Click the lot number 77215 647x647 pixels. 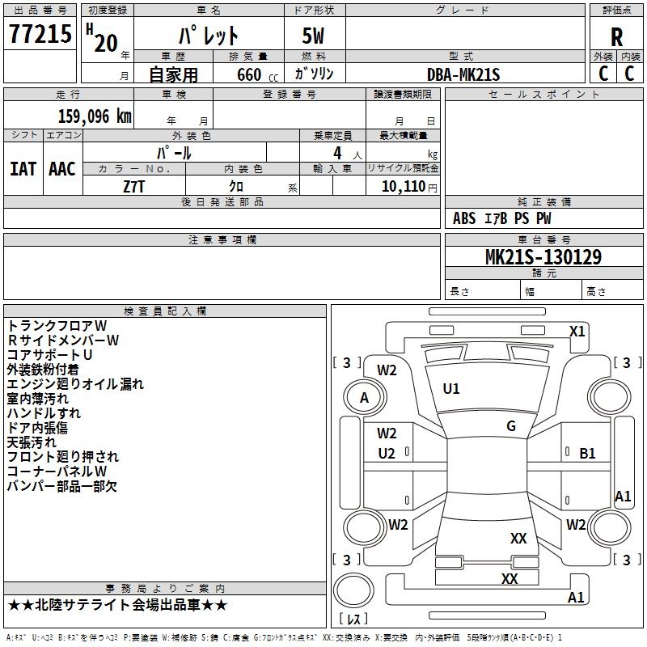coord(40,34)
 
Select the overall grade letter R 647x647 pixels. coord(616,37)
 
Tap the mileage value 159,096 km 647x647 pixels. coord(95,116)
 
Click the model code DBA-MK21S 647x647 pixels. coord(463,74)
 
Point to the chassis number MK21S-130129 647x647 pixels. coord(543,257)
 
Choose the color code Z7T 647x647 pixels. coord(133,187)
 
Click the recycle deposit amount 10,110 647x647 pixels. coord(404,186)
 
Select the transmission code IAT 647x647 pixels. coord(23,169)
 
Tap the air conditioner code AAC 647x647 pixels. coord(62,169)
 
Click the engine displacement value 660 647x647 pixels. coord(249,74)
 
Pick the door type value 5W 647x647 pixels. coord(313,36)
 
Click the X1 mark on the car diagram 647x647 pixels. coord(577,332)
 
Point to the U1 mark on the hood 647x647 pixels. coord(451,389)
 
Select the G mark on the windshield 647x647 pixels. coord(511,426)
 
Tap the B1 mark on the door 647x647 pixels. coord(587,454)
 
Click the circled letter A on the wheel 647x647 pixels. coord(364,398)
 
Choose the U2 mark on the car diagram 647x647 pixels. coord(387,454)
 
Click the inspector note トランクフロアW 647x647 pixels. coord(57,326)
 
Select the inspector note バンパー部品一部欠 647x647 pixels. coord(62,486)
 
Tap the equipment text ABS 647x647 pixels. coord(464,218)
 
